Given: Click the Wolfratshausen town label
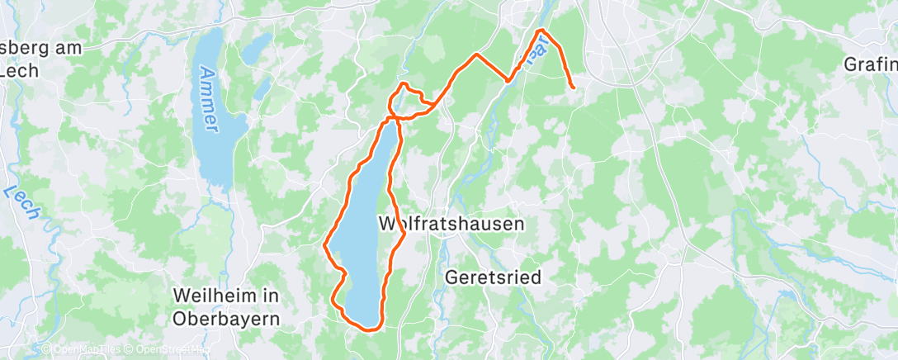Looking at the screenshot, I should point(451,224).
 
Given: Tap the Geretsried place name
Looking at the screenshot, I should point(493,277).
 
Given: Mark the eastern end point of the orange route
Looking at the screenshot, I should point(573,87).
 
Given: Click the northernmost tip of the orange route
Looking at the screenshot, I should point(541,31).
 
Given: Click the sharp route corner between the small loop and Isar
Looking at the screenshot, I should point(476,54).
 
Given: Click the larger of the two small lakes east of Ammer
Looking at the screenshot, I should point(258,46).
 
